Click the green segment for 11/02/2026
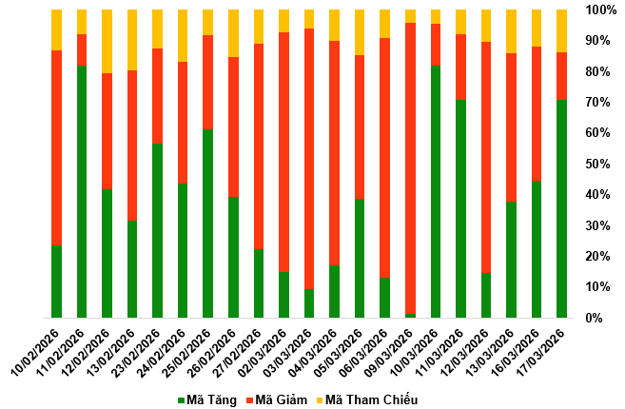pos(82,191)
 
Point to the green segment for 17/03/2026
pos(561,208)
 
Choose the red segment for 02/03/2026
pos(283,152)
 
